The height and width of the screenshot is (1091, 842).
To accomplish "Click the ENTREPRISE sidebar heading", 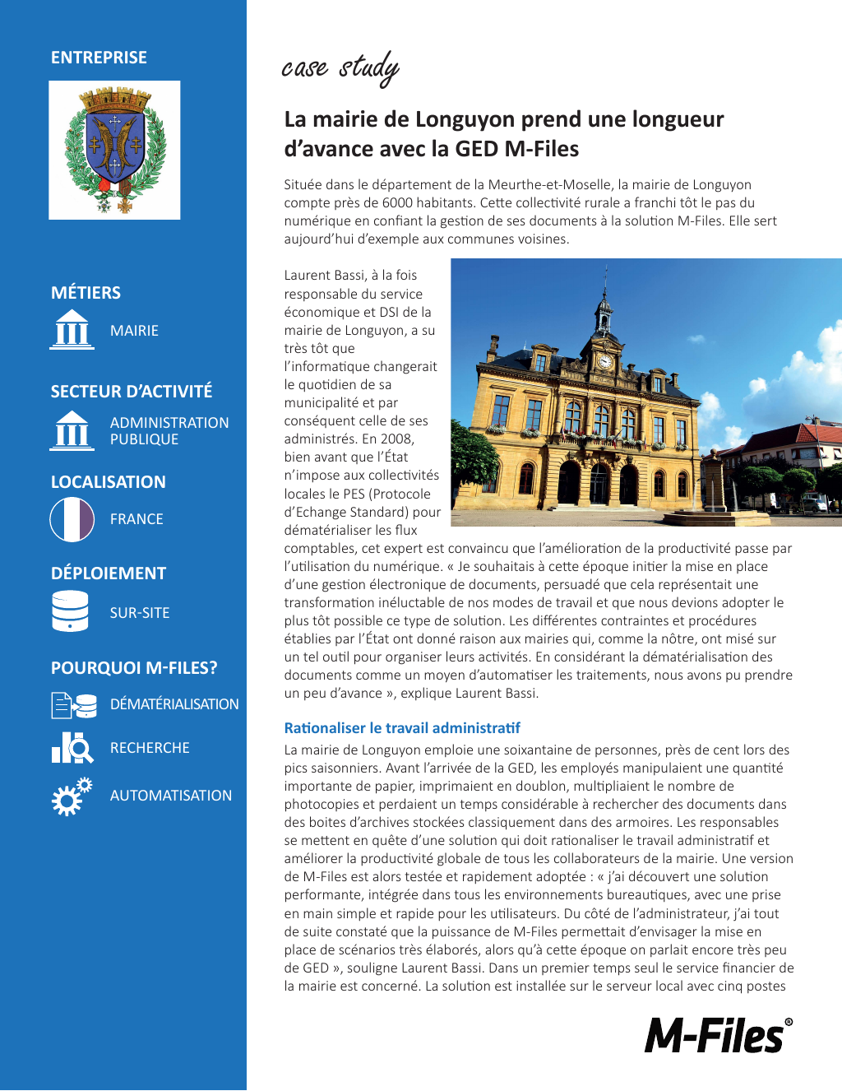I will coord(99,58).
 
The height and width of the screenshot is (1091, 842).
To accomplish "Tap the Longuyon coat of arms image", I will coord(114,150).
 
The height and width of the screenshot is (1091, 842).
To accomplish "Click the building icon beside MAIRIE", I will coord(72,330).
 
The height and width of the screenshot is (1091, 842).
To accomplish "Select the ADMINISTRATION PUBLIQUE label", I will coord(169,430).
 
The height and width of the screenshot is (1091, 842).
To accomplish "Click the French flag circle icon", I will coord(72,519).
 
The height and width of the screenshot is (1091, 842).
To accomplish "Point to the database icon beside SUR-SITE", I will coord(70,611).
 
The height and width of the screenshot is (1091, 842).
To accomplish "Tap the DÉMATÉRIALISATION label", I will coord(174,704).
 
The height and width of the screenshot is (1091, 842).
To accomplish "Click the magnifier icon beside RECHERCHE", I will coord(73,747).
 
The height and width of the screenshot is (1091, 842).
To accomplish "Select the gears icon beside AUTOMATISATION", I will coord(72,796).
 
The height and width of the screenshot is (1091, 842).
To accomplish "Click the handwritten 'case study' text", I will coord(340,67).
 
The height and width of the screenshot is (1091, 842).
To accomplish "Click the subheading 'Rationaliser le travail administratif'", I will coord(402,728).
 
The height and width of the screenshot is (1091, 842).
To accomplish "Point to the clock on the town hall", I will coord(604,360).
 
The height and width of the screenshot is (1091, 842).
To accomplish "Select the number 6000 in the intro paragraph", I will coord(398,202).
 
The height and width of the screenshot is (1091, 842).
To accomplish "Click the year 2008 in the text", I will coord(396,439).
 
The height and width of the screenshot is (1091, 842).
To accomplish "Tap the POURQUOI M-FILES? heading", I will coord(134,667).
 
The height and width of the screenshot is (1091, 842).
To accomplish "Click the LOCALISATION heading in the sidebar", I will coord(109,482).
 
